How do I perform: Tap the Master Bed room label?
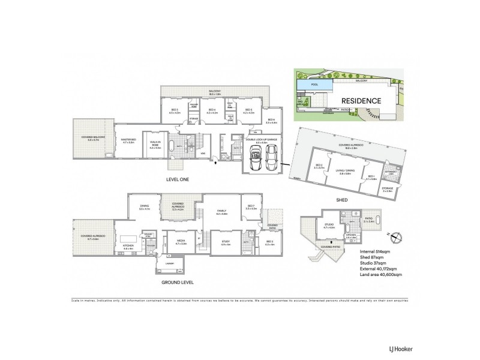point(129,140)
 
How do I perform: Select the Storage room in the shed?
point(387,190)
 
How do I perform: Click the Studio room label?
point(328,227)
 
